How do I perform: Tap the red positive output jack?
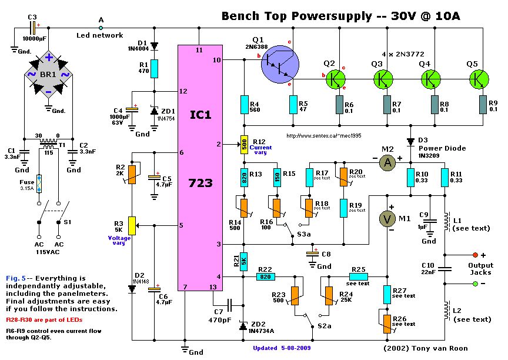475,255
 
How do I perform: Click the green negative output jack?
475,284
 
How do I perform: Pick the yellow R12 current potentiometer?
243,145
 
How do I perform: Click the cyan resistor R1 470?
154,69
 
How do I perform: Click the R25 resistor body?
359,276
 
